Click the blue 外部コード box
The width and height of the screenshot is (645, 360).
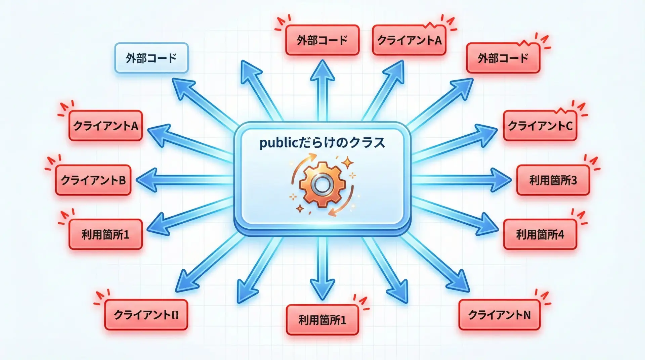pos(151,58)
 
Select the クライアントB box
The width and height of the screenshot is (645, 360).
pos(93,180)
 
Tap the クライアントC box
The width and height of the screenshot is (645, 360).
pos(540,126)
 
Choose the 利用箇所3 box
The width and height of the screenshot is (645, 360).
pos(553,180)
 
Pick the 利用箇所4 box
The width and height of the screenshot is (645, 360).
pos(540,234)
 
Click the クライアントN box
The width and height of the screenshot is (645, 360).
pos(499,315)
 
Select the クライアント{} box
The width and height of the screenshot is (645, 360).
pos(146,315)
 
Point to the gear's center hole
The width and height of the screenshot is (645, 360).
pos(322,184)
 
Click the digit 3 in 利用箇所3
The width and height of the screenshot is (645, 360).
pos(573,180)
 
